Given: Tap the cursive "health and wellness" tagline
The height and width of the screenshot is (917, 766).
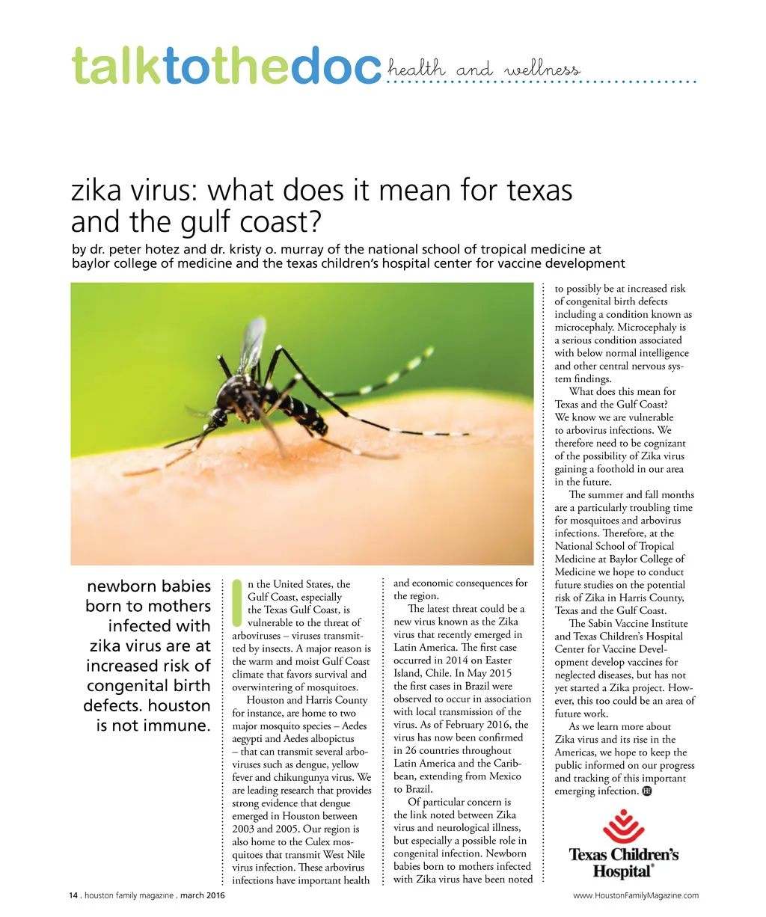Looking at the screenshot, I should (483, 70).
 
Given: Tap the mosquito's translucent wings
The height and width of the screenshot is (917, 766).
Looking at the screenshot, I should (252, 344).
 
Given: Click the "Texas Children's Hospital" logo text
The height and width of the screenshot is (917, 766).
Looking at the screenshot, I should (623, 862).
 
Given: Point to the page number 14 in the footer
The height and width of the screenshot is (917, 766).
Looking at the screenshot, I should (73, 895).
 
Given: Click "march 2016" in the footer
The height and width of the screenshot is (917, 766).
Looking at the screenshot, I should (202, 895).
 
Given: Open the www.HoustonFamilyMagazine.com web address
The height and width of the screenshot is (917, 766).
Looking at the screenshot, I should (636, 895).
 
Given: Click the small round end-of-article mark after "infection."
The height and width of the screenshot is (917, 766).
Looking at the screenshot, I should (647, 791).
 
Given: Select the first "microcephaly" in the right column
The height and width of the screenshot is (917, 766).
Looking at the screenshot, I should (583, 327).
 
